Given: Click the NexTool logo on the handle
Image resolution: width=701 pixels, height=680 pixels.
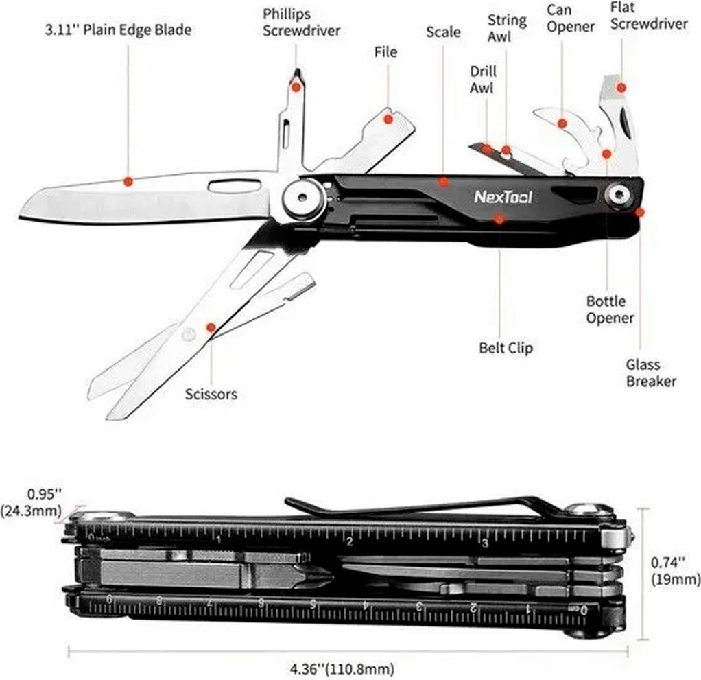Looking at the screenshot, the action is click(x=503, y=197).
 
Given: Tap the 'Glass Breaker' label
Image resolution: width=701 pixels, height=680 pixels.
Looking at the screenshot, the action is click(x=651, y=373).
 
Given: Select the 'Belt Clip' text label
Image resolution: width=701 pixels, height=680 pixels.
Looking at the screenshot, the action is click(x=506, y=348).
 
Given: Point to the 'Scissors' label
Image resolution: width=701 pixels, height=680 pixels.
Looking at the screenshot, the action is click(x=211, y=394).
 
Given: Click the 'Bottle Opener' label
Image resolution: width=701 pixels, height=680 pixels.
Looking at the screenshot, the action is click(x=610, y=309).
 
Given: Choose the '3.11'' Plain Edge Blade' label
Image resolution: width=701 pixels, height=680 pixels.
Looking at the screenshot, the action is click(x=119, y=30).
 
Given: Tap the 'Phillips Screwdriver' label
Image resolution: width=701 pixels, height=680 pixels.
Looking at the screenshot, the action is click(x=301, y=23).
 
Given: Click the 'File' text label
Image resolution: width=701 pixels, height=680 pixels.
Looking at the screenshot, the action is click(x=385, y=52).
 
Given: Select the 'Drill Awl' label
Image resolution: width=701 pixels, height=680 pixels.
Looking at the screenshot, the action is click(x=483, y=80).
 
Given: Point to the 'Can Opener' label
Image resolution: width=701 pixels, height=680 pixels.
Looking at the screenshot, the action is click(x=571, y=18).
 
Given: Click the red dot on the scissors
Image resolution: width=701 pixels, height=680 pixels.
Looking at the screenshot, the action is click(x=211, y=327).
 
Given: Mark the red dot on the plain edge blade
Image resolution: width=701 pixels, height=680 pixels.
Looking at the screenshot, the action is click(x=128, y=182).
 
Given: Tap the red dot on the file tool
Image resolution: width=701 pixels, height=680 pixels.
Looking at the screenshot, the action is click(x=388, y=119).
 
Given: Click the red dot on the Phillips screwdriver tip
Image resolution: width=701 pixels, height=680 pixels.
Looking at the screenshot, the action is click(x=296, y=86).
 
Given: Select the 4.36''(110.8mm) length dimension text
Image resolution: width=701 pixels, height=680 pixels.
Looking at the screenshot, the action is click(x=342, y=670).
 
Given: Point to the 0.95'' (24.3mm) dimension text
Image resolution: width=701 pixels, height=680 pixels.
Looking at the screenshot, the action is click(x=32, y=502).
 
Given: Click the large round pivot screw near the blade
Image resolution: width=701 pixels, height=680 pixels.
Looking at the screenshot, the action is click(x=305, y=198).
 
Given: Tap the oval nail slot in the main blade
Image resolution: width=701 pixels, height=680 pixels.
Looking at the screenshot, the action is click(x=235, y=185).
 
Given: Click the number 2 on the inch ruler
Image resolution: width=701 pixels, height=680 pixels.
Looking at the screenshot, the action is click(x=350, y=542).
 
